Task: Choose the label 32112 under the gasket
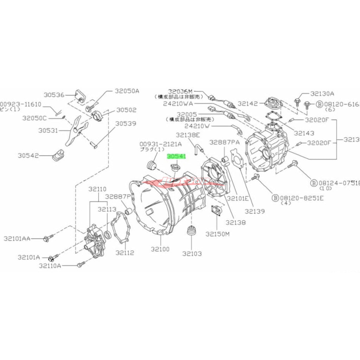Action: pyautogui.click(x=125, y=252)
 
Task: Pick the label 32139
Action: pyautogui.click(x=255, y=211)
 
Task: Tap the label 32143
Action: pyautogui.click(x=304, y=133)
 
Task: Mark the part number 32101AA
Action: pyautogui.click(x=17, y=239)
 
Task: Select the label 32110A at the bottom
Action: pyautogui.click(x=50, y=266)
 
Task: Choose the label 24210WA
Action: pyautogui.click(x=178, y=104)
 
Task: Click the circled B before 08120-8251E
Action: pyautogui.click(x=276, y=197)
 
